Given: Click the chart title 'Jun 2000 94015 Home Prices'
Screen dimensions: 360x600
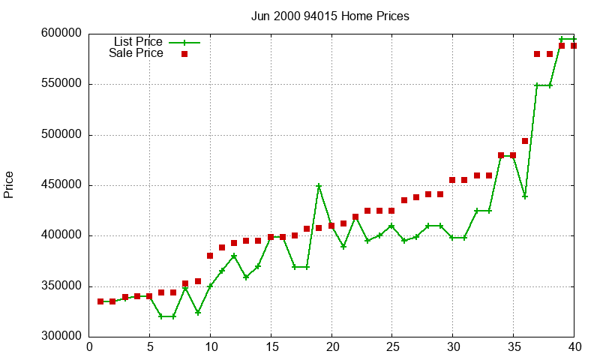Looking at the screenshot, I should (330, 16).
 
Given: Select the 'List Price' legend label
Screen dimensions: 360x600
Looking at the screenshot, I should (138, 41).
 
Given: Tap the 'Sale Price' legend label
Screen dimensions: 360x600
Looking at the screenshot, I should (136, 53).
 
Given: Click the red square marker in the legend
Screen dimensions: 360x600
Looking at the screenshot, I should (184, 54).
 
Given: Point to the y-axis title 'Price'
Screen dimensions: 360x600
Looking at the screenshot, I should (9, 184).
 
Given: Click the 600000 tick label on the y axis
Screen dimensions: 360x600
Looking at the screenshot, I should (62, 34).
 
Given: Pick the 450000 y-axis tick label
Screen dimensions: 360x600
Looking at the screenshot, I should (62, 185).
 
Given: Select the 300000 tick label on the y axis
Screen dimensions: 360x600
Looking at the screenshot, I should (62, 337).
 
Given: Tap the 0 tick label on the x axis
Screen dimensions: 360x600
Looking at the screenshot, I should (88, 346).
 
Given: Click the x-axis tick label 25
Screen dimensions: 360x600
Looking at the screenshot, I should (391, 346).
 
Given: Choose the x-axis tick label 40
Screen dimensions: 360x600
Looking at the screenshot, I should (574, 346).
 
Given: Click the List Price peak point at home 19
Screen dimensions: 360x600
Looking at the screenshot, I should (319, 185).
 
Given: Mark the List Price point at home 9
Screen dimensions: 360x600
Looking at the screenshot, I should (198, 312).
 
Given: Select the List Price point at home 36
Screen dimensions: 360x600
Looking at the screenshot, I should (525, 196).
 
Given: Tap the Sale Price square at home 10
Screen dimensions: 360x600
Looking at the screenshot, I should (210, 256).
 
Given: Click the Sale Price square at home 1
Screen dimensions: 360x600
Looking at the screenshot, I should (100, 301).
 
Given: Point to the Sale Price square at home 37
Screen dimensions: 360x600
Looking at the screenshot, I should (537, 54).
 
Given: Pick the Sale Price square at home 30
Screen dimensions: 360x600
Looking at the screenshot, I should (452, 180).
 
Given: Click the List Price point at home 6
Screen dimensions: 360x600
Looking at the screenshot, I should (161, 316).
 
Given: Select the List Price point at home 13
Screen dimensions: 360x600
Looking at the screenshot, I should (246, 277).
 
